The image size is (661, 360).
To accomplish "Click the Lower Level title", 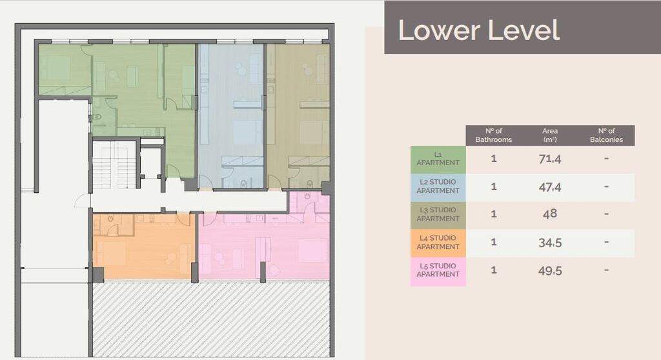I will pyautogui.click(x=478, y=30).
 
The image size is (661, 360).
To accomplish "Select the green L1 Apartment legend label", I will pyautogui.click(x=438, y=159).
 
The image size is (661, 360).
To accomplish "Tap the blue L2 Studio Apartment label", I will pyautogui.click(x=438, y=186).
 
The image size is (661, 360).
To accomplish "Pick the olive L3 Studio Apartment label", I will pyautogui.click(x=438, y=214).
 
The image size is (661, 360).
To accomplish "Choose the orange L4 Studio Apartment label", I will pyautogui.click(x=438, y=243).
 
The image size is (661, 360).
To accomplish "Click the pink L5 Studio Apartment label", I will pyautogui.click(x=438, y=270).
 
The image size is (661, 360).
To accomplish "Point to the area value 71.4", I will pyautogui.click(x=550, y=159).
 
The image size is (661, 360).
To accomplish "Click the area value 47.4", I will pyautogui.click(x=550, y=186).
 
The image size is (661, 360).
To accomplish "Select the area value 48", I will pyautogui.click(x=550, y=214).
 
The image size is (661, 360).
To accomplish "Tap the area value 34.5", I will pyautogui.click(x=550, y=243).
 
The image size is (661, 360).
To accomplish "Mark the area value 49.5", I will pyautogui.click(x=550, y=270).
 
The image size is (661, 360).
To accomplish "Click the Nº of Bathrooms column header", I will pyautogui.click(x=494, y=135).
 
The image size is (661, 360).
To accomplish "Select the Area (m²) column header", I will pyautogui.click(x=550, y=135).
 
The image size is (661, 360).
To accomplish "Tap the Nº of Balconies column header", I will pyautogui.click(x=607, y=135).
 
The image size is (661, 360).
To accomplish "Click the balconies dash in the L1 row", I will pyautogui.click(x=607, y=159).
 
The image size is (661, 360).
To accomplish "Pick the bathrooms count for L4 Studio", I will pyautogui.click(x=494, y=243).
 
